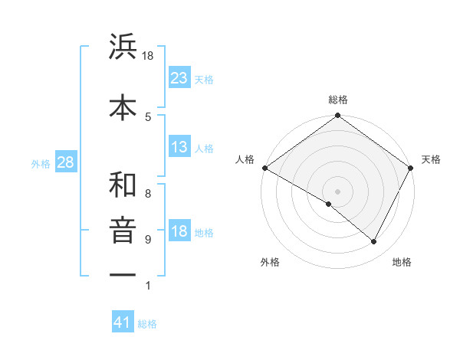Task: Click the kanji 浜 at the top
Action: coord(123,47)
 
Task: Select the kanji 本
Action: coord(123,106)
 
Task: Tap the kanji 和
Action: coord(123,185)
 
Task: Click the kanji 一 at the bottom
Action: coord(123,273)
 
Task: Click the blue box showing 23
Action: coord(179,78)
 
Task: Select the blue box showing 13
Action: coord(179,148)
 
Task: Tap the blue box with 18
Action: coord(179,232)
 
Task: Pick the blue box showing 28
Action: coord(65,162)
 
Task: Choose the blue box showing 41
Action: coord(123,323)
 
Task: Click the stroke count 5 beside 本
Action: coord(148,116)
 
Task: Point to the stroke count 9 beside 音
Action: coord(148,240)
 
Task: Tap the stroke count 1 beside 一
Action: coord(148,286)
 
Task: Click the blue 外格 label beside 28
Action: coord(40,163)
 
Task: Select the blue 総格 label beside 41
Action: coord(147,324)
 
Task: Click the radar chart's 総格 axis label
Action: coord(338,100)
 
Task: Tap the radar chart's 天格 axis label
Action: coord(431,159)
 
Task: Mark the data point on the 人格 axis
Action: coord(264,168)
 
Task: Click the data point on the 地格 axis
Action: coord(374,242)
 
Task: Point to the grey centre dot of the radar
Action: coord(337,191)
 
